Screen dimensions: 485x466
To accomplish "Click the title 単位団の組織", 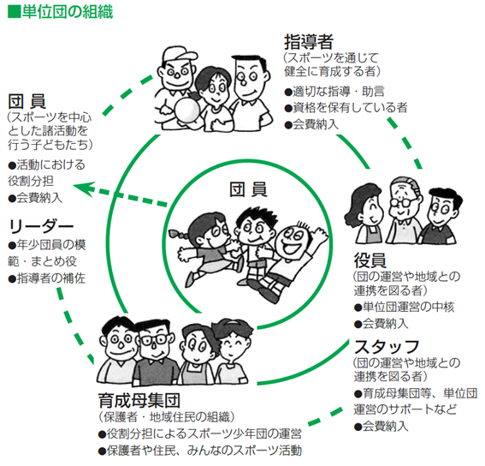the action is [67, 12].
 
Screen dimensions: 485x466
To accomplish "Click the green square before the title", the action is [14, 12].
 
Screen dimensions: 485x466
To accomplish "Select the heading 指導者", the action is [309, 42].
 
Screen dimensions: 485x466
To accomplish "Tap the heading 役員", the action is [370, 260].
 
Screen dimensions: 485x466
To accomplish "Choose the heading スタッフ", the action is [387, 347].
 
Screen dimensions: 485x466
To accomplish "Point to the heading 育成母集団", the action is [139, 400].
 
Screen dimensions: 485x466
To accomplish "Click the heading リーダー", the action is [41, 227].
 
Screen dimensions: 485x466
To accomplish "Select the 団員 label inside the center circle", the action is [248, 189].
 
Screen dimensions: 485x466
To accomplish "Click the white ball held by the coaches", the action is [186, 111].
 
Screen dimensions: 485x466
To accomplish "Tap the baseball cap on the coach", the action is [179, 56].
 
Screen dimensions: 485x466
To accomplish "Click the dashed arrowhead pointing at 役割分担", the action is [84, 188].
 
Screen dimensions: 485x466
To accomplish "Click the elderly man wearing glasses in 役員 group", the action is [404, 210].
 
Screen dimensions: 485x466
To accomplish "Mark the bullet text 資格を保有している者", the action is [346, 108].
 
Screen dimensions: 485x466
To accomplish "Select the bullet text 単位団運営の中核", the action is [404, 307].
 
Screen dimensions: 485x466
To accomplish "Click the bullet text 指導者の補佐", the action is [47, 278].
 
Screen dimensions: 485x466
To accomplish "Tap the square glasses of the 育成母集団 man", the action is [154, 339].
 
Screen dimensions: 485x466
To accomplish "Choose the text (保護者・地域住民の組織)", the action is [167, 417].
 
